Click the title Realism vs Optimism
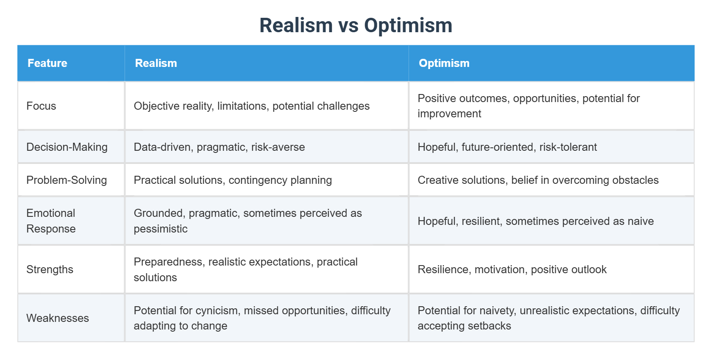(356, 25)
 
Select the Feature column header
(47, 63)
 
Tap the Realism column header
(156, 63)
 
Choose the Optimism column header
(444, 63)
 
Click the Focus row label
(41, 106)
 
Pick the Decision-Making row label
(67, 147)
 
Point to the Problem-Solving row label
(67, 180)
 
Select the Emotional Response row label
(51, 221)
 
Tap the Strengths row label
(50, 269)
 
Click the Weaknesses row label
(58, 318)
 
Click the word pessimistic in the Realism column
(161, 229)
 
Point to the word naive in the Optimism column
(640, 221)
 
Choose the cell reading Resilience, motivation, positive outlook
(512, 269)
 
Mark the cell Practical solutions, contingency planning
(233, 180)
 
